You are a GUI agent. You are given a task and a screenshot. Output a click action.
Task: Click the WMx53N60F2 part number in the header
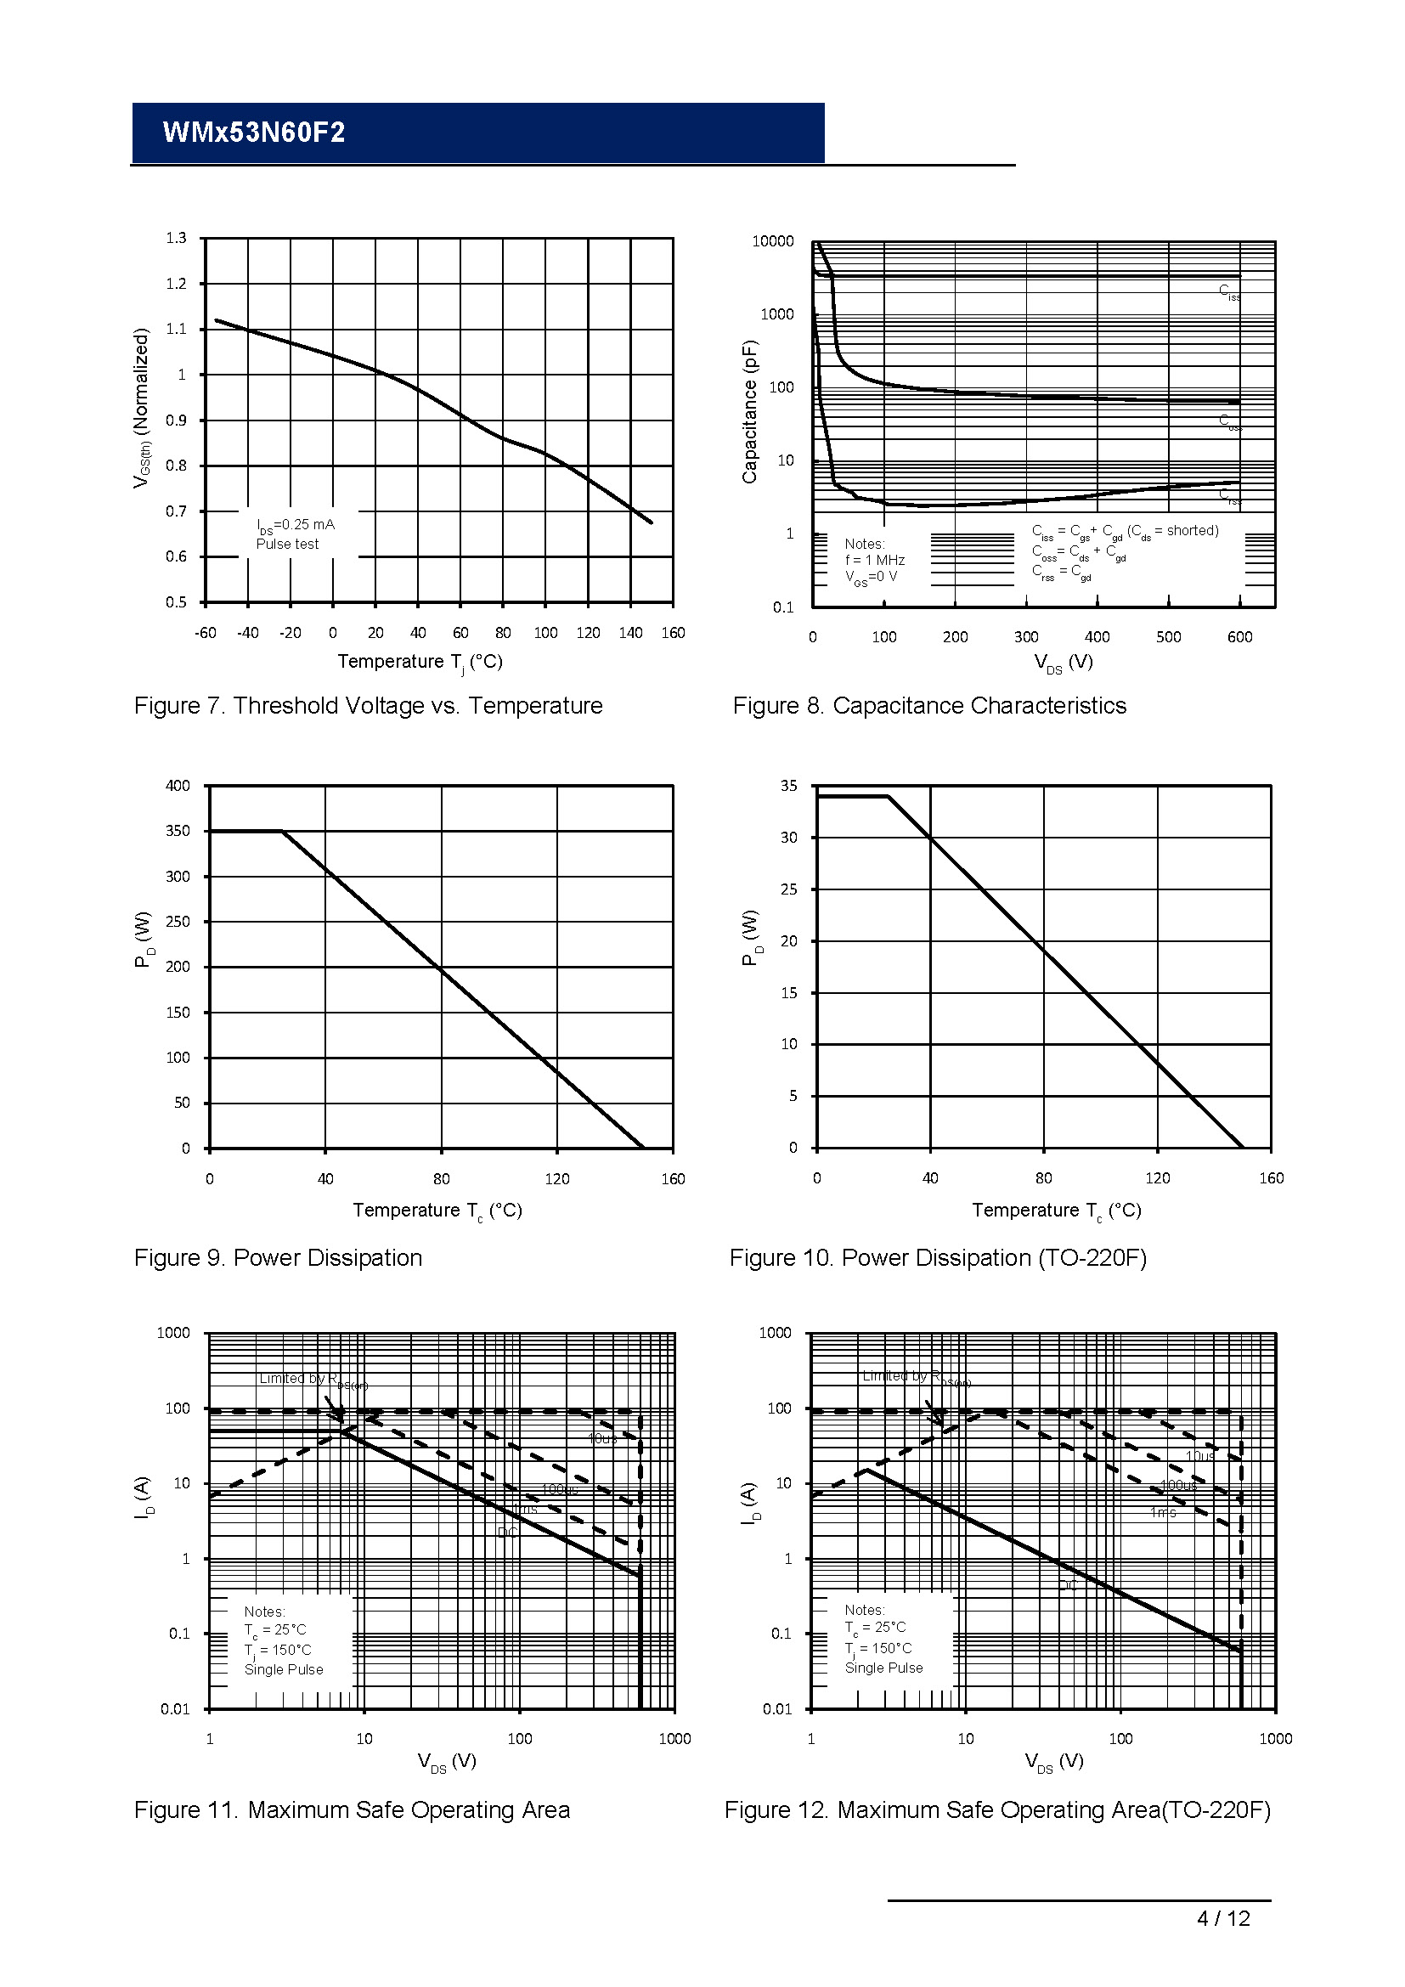point(253,133)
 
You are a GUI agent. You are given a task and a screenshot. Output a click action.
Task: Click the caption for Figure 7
point(368,706)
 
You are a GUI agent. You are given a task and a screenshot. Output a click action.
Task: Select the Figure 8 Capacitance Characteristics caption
point(929,706)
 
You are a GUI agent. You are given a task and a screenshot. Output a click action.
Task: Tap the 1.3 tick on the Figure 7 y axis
point(176,238)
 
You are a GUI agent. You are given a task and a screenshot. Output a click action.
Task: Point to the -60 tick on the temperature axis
point(205,633)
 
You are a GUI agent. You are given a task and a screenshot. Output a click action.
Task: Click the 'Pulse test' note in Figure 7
point(287,544)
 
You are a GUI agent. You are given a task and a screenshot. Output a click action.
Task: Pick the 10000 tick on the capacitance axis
point(771,241)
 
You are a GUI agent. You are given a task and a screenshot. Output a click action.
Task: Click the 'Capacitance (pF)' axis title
point(749,412)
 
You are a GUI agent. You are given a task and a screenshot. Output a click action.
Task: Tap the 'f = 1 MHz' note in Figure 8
point(875,560)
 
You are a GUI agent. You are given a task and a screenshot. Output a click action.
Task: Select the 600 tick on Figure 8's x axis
point(1239,637)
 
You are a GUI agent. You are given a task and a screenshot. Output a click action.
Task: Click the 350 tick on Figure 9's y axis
point(178,831)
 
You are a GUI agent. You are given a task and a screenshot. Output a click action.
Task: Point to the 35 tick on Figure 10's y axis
point(788,786)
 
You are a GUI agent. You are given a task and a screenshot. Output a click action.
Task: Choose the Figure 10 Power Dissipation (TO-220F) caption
point(938,1257)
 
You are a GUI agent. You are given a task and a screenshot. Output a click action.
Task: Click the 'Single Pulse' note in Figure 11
point(284,1669)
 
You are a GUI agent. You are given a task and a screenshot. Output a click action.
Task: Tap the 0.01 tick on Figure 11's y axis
point(175,1709)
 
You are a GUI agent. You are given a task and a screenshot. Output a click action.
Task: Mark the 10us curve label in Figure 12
point(1200,1457)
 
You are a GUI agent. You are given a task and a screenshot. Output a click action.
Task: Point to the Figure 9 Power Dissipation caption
point(278,1257)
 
